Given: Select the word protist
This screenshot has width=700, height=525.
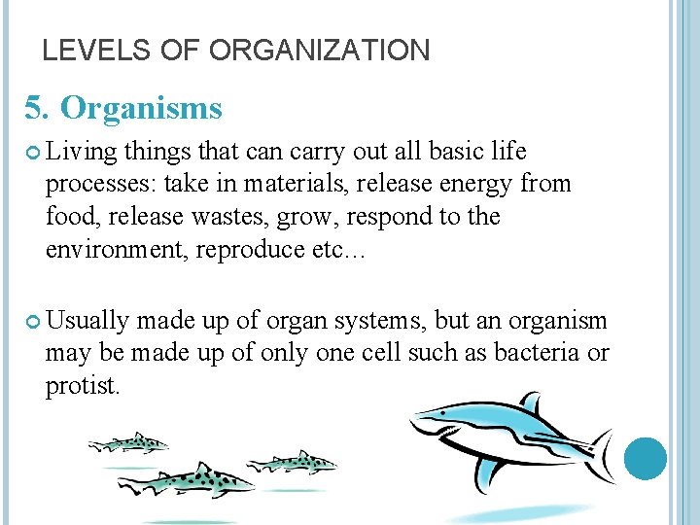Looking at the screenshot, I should click(x=82, y=386).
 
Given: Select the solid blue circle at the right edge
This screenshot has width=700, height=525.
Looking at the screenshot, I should click(x=645, y=459).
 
